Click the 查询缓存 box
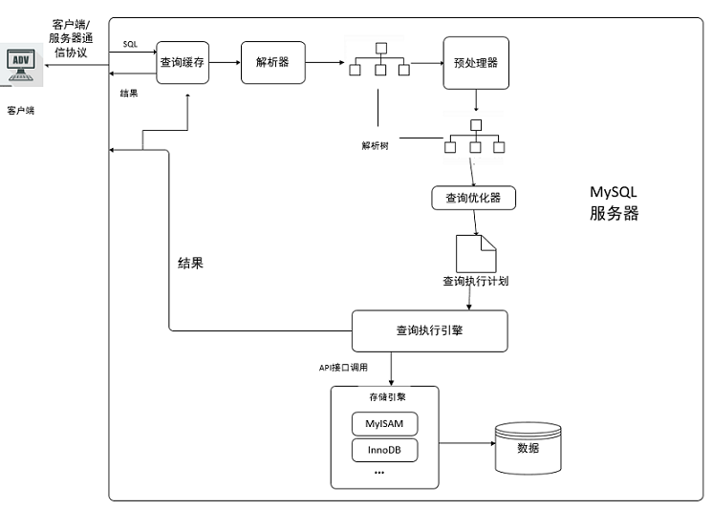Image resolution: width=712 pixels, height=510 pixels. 183,63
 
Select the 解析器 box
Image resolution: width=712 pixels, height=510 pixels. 273,63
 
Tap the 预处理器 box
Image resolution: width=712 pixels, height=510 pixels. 476,63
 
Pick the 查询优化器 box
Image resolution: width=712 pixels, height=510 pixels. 474,198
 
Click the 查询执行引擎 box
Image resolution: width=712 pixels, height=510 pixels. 429,330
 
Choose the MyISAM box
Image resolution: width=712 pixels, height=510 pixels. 384,424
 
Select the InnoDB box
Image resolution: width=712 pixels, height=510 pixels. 384,450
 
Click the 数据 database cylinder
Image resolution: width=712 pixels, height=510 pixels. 529,448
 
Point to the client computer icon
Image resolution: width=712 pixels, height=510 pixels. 21,65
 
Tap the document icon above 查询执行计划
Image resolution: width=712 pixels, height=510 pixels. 476,254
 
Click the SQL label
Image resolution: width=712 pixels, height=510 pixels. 130,44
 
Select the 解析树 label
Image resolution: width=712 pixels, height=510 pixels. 375,146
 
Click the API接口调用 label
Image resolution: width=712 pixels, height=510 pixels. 343,368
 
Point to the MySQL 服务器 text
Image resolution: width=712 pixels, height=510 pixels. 614,202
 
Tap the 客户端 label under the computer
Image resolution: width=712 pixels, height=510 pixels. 20,110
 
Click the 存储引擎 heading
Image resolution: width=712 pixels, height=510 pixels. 387,397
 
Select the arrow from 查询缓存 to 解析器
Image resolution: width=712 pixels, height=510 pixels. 225,63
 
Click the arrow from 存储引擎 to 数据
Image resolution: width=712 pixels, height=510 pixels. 467,443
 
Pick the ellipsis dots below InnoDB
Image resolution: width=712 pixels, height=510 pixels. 379,473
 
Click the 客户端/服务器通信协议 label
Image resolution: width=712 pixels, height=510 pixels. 71,38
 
